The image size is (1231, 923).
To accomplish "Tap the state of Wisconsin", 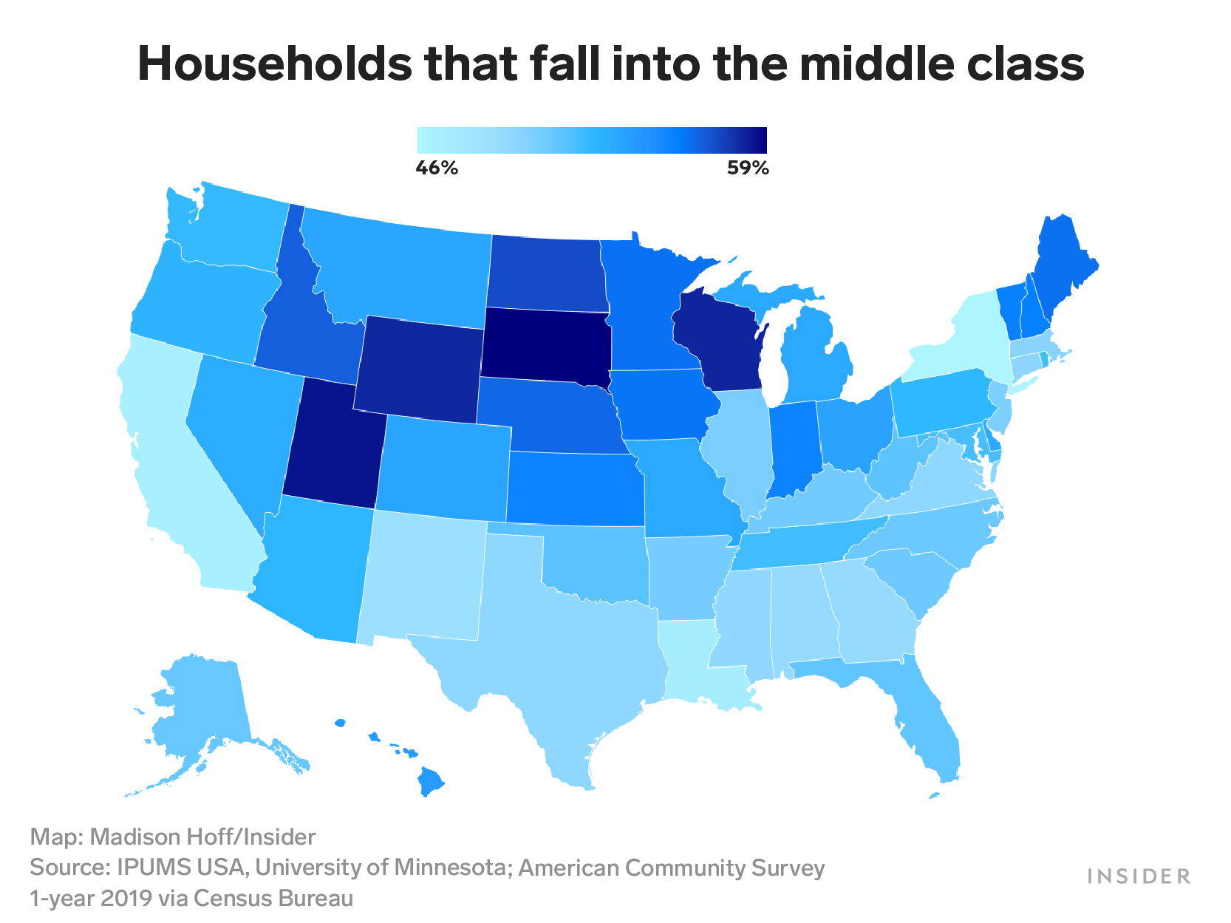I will (720, 340).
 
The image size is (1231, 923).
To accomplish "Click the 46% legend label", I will (437, 168).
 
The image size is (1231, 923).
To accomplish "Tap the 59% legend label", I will (748, 168).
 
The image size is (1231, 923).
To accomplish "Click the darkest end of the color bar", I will (761, 140).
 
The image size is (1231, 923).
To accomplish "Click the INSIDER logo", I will (1139, 876).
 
